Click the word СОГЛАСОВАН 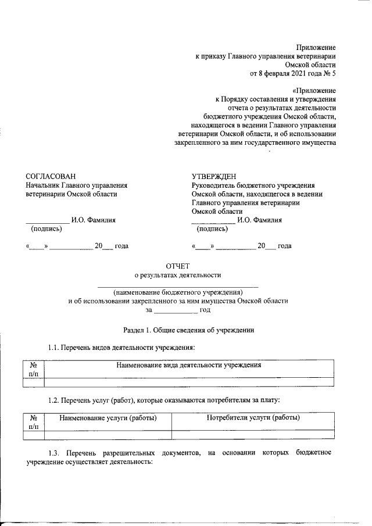[x=51, y=176]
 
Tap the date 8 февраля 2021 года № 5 [x=293, y=73]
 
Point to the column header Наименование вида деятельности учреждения [x=188, y=366]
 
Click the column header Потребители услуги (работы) [x=253, y=418]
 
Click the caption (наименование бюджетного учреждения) [x=178, y=292]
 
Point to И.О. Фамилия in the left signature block [x=93, y=220]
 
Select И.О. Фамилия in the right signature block [x=260, y=220]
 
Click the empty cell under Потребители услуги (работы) [x=253, y=434]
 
